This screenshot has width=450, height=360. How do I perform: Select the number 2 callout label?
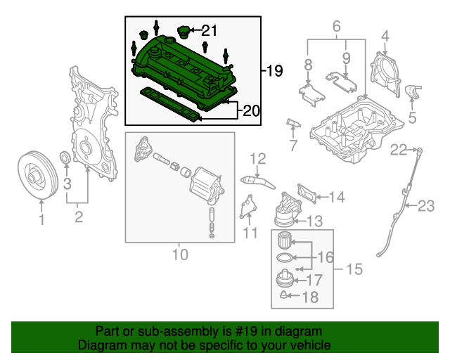click(79, 217)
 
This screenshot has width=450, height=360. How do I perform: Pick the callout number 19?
click(274, 71)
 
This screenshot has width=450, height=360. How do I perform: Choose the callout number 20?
click(251, 110)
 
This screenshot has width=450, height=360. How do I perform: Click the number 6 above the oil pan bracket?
click(336, 27)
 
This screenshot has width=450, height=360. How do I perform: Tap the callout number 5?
click(412, 117)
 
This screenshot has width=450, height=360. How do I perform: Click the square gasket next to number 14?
click(307, 191)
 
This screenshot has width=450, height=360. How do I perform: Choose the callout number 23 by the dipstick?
click(426, 206)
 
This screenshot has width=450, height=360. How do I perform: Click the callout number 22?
click(399, 149)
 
